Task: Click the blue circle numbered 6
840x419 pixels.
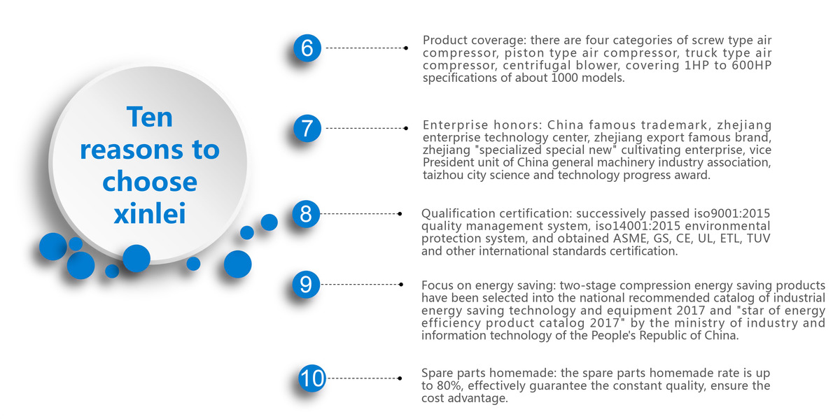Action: coord(307,48)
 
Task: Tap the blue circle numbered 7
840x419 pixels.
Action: coord(307,129)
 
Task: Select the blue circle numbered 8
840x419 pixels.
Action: coord(306,214)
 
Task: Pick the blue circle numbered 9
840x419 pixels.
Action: coord(306,285)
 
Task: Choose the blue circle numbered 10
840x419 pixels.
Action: coord(312,378)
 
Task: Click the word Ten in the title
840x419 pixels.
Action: coord(150,117)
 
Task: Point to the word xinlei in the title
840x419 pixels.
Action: coord(150,213)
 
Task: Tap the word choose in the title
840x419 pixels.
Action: coord(150,182)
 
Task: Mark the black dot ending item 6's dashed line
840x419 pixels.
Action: coord(406,48)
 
